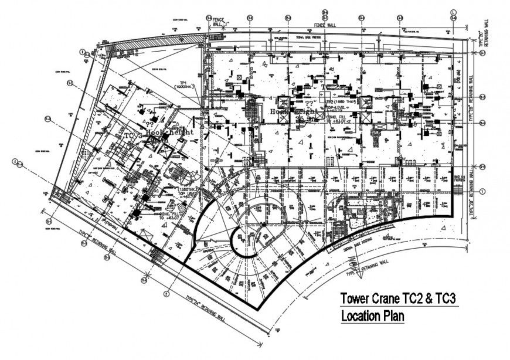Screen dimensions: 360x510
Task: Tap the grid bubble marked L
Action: pyautogui.click(x=453, y=11)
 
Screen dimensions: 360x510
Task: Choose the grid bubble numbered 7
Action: pyautogui.click(x=482, y=191)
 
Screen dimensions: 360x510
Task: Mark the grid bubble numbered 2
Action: pyautogui.click(x=166, y=294)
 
